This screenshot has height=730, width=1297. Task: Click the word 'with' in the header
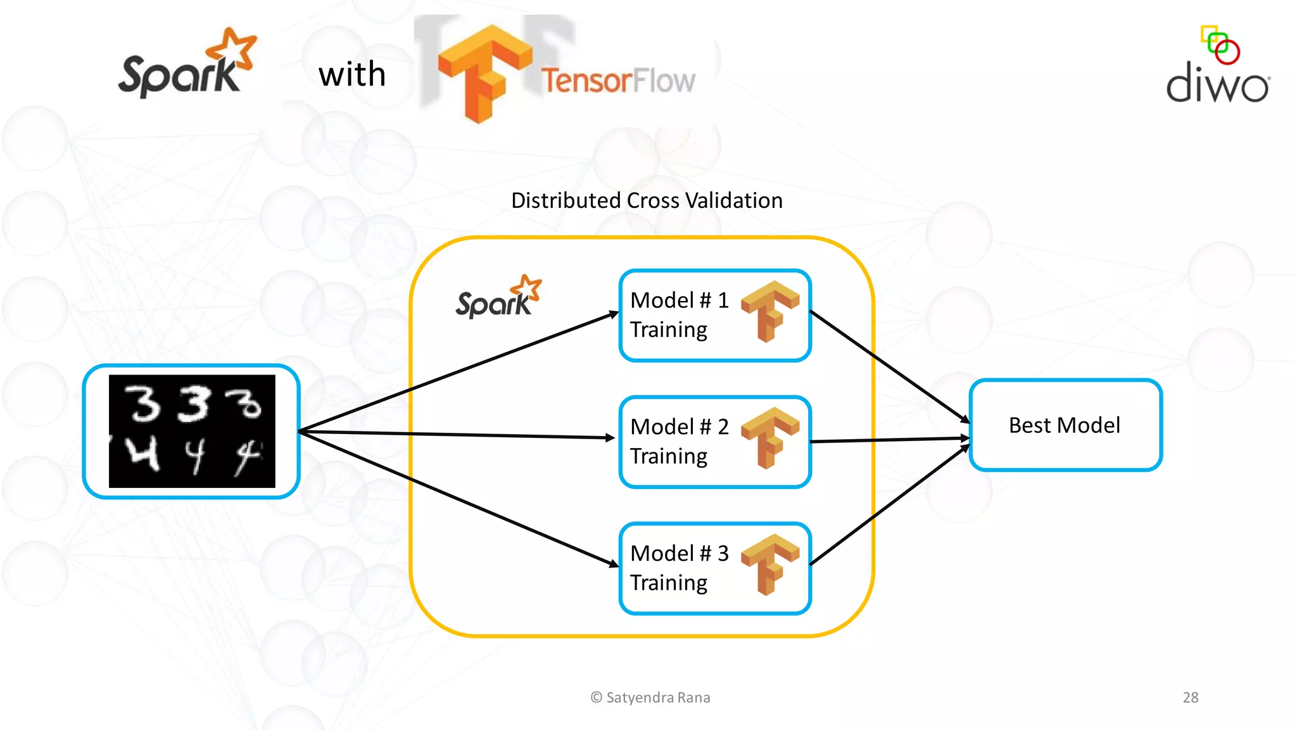click(352, 74)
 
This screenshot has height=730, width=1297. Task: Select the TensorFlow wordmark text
click(617, 80)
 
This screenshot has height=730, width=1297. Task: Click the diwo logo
click(1218, 67)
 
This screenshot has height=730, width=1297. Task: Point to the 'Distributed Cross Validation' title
click(647, 201)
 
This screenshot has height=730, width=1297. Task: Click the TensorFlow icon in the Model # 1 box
click(769, 311)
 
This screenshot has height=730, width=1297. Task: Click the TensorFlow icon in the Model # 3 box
click(769, 565)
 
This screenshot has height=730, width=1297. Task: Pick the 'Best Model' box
click(1065, 425)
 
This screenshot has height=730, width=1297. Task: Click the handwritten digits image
click(192, 432)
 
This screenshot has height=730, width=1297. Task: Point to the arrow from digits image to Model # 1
click(456, 373)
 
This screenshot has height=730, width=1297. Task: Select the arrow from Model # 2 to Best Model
click(890, 440)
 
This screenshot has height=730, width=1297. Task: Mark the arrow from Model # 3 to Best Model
click(890, 505)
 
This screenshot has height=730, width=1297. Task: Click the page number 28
click(1190, 698)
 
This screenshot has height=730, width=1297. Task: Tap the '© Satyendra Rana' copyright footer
click(650, 698)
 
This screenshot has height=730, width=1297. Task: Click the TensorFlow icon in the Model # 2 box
click(769, 438)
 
